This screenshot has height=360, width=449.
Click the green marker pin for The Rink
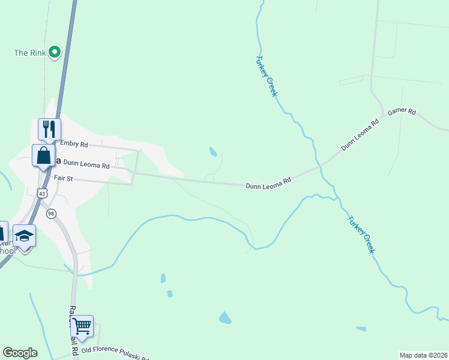tap(55, 52)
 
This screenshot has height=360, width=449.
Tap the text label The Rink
tap(29, 53)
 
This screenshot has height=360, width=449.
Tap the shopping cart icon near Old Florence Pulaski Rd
tap(82, 326)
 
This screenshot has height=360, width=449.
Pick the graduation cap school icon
tap(24, 235)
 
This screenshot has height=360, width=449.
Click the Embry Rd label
tap(74, 145)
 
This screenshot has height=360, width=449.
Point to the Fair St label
tap(63, 178)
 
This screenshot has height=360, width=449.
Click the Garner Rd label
tap(402, 112)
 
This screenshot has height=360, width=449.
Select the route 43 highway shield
tap(41, 193)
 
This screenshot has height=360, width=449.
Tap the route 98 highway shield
tap(51, 214)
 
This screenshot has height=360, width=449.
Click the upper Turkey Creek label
tap(267, 76)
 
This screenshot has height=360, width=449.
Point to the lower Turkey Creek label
tap(360, 234)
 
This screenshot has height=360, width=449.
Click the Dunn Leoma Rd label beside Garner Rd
tap(360, 134)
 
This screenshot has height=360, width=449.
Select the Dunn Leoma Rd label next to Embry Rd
tap(86, 163)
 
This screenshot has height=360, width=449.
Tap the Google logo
tap(20, 353)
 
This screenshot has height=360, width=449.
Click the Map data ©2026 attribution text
tap(423, 355)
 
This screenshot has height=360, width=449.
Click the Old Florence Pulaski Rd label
tap(114, 351)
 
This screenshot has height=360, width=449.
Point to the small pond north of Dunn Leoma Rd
tap(213, 152)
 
